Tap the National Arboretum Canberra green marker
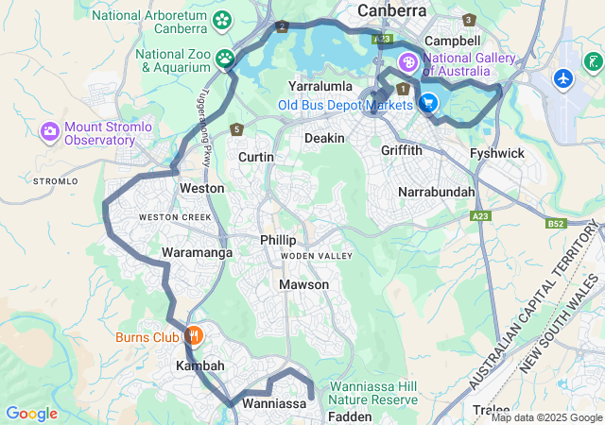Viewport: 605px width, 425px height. point(223,19)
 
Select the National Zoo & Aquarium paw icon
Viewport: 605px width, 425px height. point(225,59)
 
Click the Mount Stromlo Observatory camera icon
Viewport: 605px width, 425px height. point(49,131)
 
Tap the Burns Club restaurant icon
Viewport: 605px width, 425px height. point(194,335)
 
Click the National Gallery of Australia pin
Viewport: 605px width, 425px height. point(407,63)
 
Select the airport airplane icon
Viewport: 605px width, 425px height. point(565,77)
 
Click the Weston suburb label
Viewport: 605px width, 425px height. point(201,188)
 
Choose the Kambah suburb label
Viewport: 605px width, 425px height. point(199,365)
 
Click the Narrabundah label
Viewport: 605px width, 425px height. point(436,192)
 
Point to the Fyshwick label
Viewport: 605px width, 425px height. point(497,153)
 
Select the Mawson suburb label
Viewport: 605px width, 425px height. point(303,284)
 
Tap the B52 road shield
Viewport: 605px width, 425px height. point(556,224)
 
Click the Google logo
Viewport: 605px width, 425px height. point(31,414)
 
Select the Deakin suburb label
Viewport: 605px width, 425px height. point(324,138)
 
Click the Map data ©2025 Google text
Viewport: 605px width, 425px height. point(546,417)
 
